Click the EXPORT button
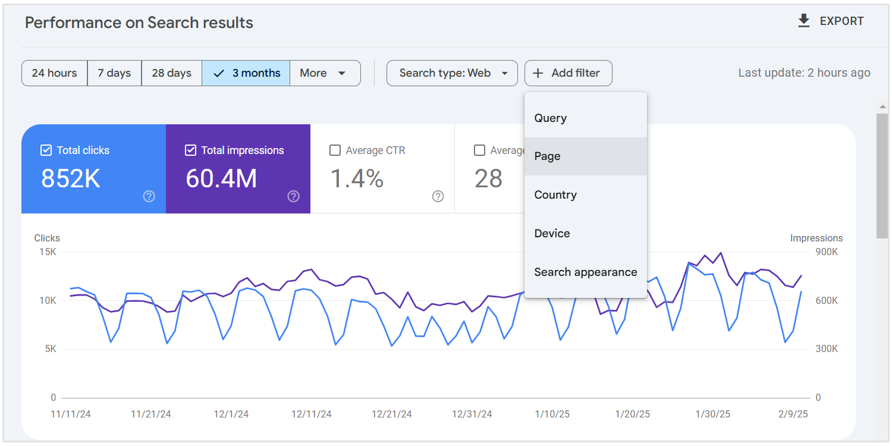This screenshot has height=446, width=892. point(831,21)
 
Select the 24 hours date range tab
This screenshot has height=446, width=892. point(55,73)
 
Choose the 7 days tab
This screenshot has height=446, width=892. point(114,73)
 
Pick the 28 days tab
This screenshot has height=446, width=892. point(171,73)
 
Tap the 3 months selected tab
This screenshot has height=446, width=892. point(246,73)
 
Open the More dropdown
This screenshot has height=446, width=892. point(325,73)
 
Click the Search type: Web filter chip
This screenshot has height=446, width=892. point(452,73)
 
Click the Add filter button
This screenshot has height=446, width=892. point(568,73)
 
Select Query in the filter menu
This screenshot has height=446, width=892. point(551,118)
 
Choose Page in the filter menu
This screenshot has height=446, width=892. point(548,156)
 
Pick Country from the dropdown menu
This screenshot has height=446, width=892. point(555,195)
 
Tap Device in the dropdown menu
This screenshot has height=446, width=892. point(552,234)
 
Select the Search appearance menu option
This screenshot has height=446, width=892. point(586,272)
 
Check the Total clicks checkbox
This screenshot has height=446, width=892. point(46,150)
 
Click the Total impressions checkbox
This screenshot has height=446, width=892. point(190,150)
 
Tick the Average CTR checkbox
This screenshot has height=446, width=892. point(335,150)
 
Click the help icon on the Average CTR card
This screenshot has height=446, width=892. point(438,196)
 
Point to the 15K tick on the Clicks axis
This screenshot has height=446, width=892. point(48,252)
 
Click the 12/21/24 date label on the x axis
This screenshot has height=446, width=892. point(392,414)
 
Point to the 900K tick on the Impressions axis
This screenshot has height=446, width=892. point(827,252)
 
